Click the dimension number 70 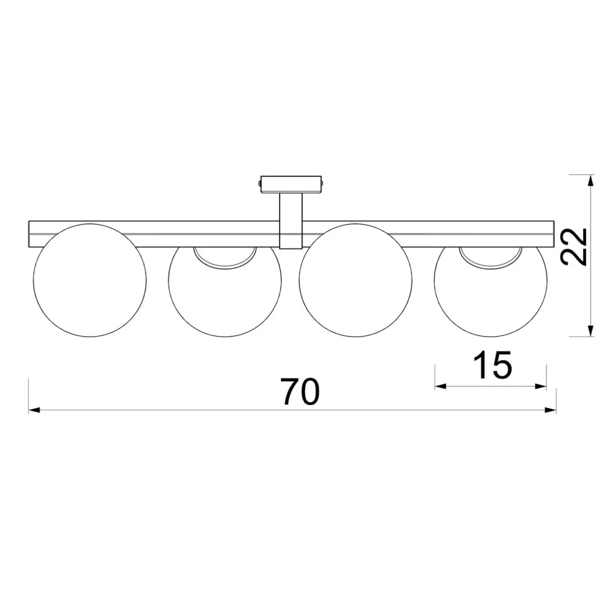pyautogui.click(x=300, y=391)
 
